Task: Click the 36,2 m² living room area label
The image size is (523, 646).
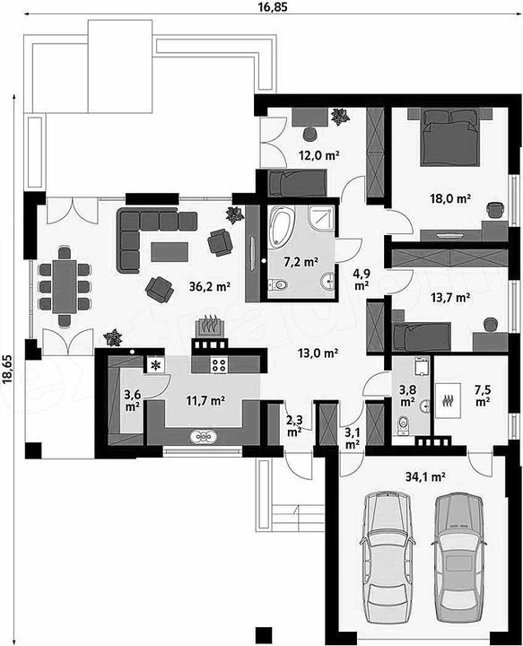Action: tap(210, 287)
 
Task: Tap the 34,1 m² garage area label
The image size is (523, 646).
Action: tap(426, 477)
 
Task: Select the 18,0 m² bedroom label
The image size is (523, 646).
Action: tap(450, 199)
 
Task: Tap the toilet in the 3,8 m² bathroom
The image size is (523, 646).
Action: tap(403, 424)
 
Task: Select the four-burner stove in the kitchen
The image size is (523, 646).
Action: tap(219, 365)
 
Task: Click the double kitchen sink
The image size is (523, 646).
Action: tap(203, 437)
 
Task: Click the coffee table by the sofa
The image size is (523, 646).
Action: tap(170, 252)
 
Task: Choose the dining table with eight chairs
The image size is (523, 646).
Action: tap(65, 286)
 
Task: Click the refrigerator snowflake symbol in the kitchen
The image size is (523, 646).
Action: tap(156, 365)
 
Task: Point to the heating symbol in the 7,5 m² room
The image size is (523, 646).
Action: tap(448, 399)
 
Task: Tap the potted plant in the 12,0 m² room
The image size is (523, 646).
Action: tap(341, 117)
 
